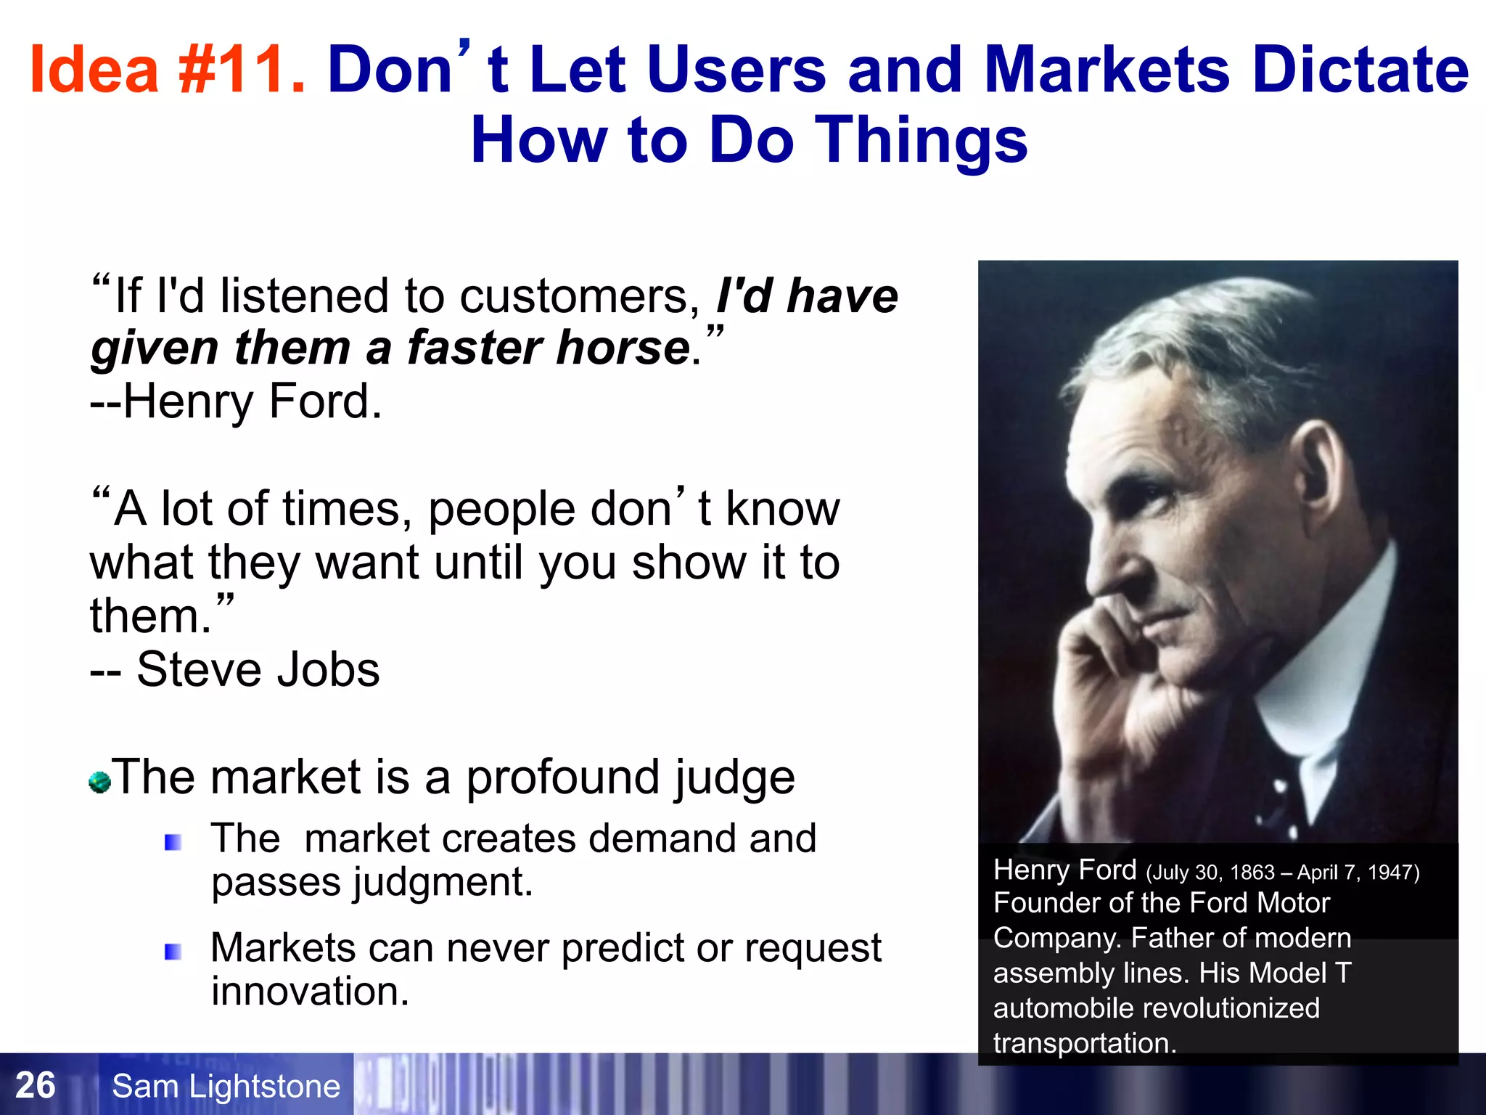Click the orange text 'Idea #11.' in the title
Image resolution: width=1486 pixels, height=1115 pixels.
(167, 70)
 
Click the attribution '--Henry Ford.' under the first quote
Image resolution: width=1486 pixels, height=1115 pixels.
(236, 401)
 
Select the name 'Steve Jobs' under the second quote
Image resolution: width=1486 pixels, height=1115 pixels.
(258, 669)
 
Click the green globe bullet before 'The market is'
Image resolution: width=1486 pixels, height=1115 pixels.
(99, 783)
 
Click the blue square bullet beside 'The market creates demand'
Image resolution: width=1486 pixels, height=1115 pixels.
(173, 842)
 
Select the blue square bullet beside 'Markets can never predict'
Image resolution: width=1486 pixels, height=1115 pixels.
(173, 951)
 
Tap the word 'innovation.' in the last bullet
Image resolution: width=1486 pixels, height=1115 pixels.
(311, 992)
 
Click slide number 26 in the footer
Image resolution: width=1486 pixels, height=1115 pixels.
(35, 1086)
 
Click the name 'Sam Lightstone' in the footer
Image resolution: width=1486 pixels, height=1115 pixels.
(226, 1087)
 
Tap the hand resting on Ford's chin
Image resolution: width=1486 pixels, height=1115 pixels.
(1117, 668)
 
